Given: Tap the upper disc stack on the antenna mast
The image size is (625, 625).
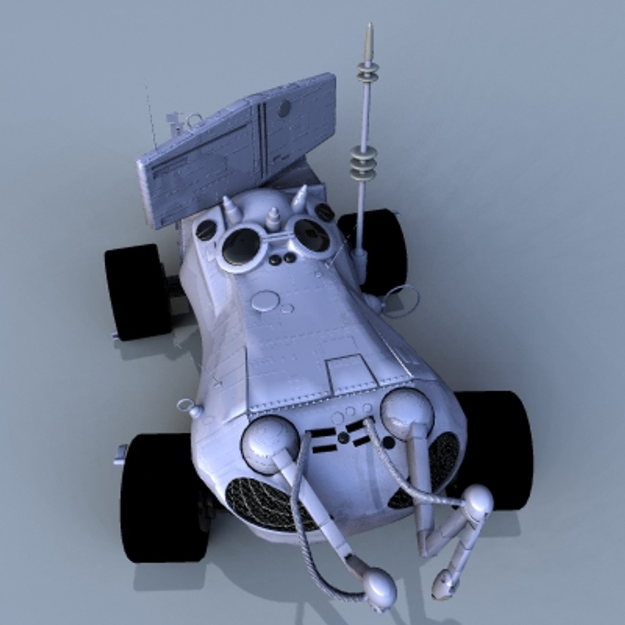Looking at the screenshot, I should (x=367, y=72).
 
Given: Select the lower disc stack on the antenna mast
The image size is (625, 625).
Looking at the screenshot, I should (x=363, y=163).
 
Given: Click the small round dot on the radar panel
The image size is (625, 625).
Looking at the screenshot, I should (x=284, y=108).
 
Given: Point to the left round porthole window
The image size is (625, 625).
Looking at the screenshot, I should (x=241, y=247).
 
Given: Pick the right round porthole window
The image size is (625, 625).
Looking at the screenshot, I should (x=311, y=235).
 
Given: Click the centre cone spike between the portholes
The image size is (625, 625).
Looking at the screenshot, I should (x=273, y=218).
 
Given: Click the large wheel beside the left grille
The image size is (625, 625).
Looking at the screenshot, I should (x=162, y=498).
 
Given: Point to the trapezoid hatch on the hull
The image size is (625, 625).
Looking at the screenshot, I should (x=350, y=374).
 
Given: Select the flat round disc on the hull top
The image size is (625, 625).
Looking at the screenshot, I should (x=265, y=301).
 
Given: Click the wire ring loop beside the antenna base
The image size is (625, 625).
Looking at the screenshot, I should (x=400, y=301).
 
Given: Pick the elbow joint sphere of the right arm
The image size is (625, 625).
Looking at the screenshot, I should (x=477, y=502).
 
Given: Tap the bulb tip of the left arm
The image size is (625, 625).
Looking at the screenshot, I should (x=380, y=588).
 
